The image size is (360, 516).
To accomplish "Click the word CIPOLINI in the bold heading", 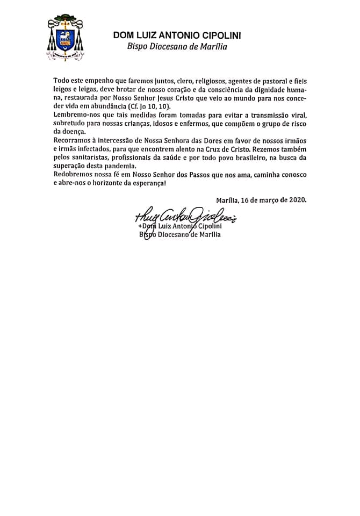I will (216, 35).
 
